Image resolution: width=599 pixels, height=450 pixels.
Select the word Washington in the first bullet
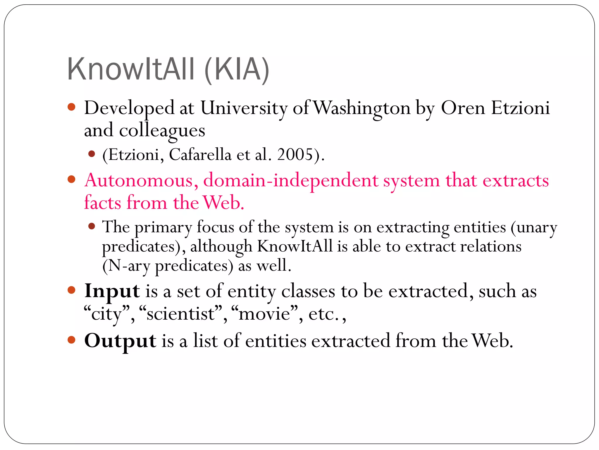363,108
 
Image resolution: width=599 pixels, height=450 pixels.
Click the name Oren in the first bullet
463,108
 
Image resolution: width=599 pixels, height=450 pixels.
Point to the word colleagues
162,131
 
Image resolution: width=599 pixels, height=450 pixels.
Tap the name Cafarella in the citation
200,154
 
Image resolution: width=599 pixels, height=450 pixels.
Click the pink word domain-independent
291,180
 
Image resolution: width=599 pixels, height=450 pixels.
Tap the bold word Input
112,292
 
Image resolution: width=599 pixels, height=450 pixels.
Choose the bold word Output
120,341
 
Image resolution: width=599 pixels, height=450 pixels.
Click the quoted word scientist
181,314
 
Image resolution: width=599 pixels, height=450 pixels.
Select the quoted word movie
264,314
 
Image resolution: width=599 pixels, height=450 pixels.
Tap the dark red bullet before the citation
92,154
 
